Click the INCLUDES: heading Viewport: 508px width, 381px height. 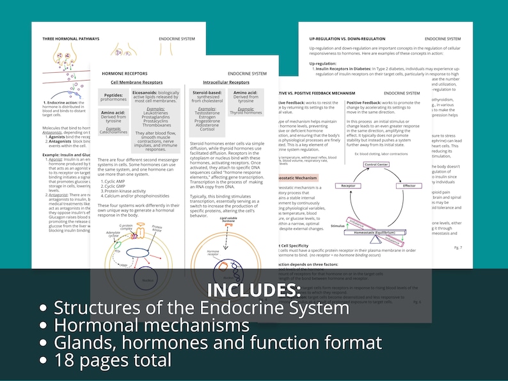tap(254, 290)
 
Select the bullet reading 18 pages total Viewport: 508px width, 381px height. tap(112, 360)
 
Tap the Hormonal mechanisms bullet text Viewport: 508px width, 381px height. tap(152, 325)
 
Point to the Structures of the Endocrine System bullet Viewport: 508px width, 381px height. tap(202, 307)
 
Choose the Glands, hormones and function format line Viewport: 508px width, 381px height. tap(218, 343)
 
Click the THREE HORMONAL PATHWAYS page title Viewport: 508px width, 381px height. tap(71, 39)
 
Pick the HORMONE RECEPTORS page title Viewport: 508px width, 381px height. tap(125, 74)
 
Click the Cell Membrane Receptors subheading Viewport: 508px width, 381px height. tap(136, 82)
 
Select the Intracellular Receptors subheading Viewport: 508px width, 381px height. tap(226, 82)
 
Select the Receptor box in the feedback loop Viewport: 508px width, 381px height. tap(348, 185)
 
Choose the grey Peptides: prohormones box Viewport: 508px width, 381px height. tap(114, 97)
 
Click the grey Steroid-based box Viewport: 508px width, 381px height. tap(207, 97)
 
